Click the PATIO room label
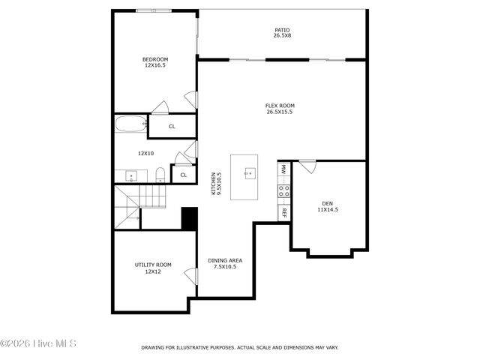pos(282,33)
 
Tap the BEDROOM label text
pos(155,62)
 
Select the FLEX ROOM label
pos(279,109)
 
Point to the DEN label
pos(327,206)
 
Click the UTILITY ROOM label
pos(153,268)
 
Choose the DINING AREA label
pos(225,263)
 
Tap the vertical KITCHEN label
pos(215,184)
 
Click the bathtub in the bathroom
pos(131,124)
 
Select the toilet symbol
pos(160,175)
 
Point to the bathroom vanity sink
pos(131,177)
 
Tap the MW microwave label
pos(284,170)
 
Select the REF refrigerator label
pos(284,212)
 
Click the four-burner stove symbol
pos(284,192)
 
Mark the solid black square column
pos(189,218)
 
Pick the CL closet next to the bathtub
pos(172,127)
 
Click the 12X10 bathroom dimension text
pos(145,153)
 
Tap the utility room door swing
pos(190,276)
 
